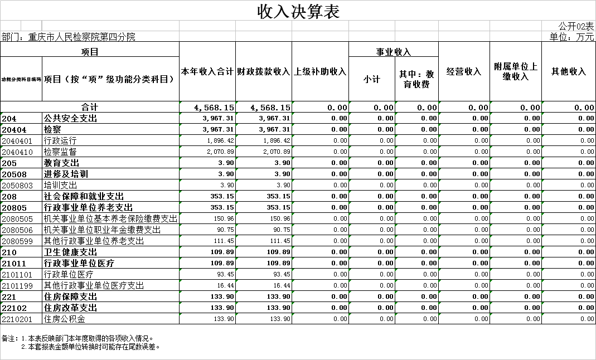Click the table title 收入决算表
point(298,11)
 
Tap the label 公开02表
point(576,26)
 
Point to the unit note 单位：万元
point(571,37)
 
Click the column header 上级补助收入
point(320,71)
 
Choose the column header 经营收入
point(464,71)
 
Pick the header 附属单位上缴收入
point(516,71)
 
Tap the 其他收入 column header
point(569,71)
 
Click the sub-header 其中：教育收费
point(416,79)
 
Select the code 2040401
point(17,140)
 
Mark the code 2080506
point(17,230)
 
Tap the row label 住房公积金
point(65,319)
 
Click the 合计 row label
point(90,107)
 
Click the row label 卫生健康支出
point(71,252)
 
